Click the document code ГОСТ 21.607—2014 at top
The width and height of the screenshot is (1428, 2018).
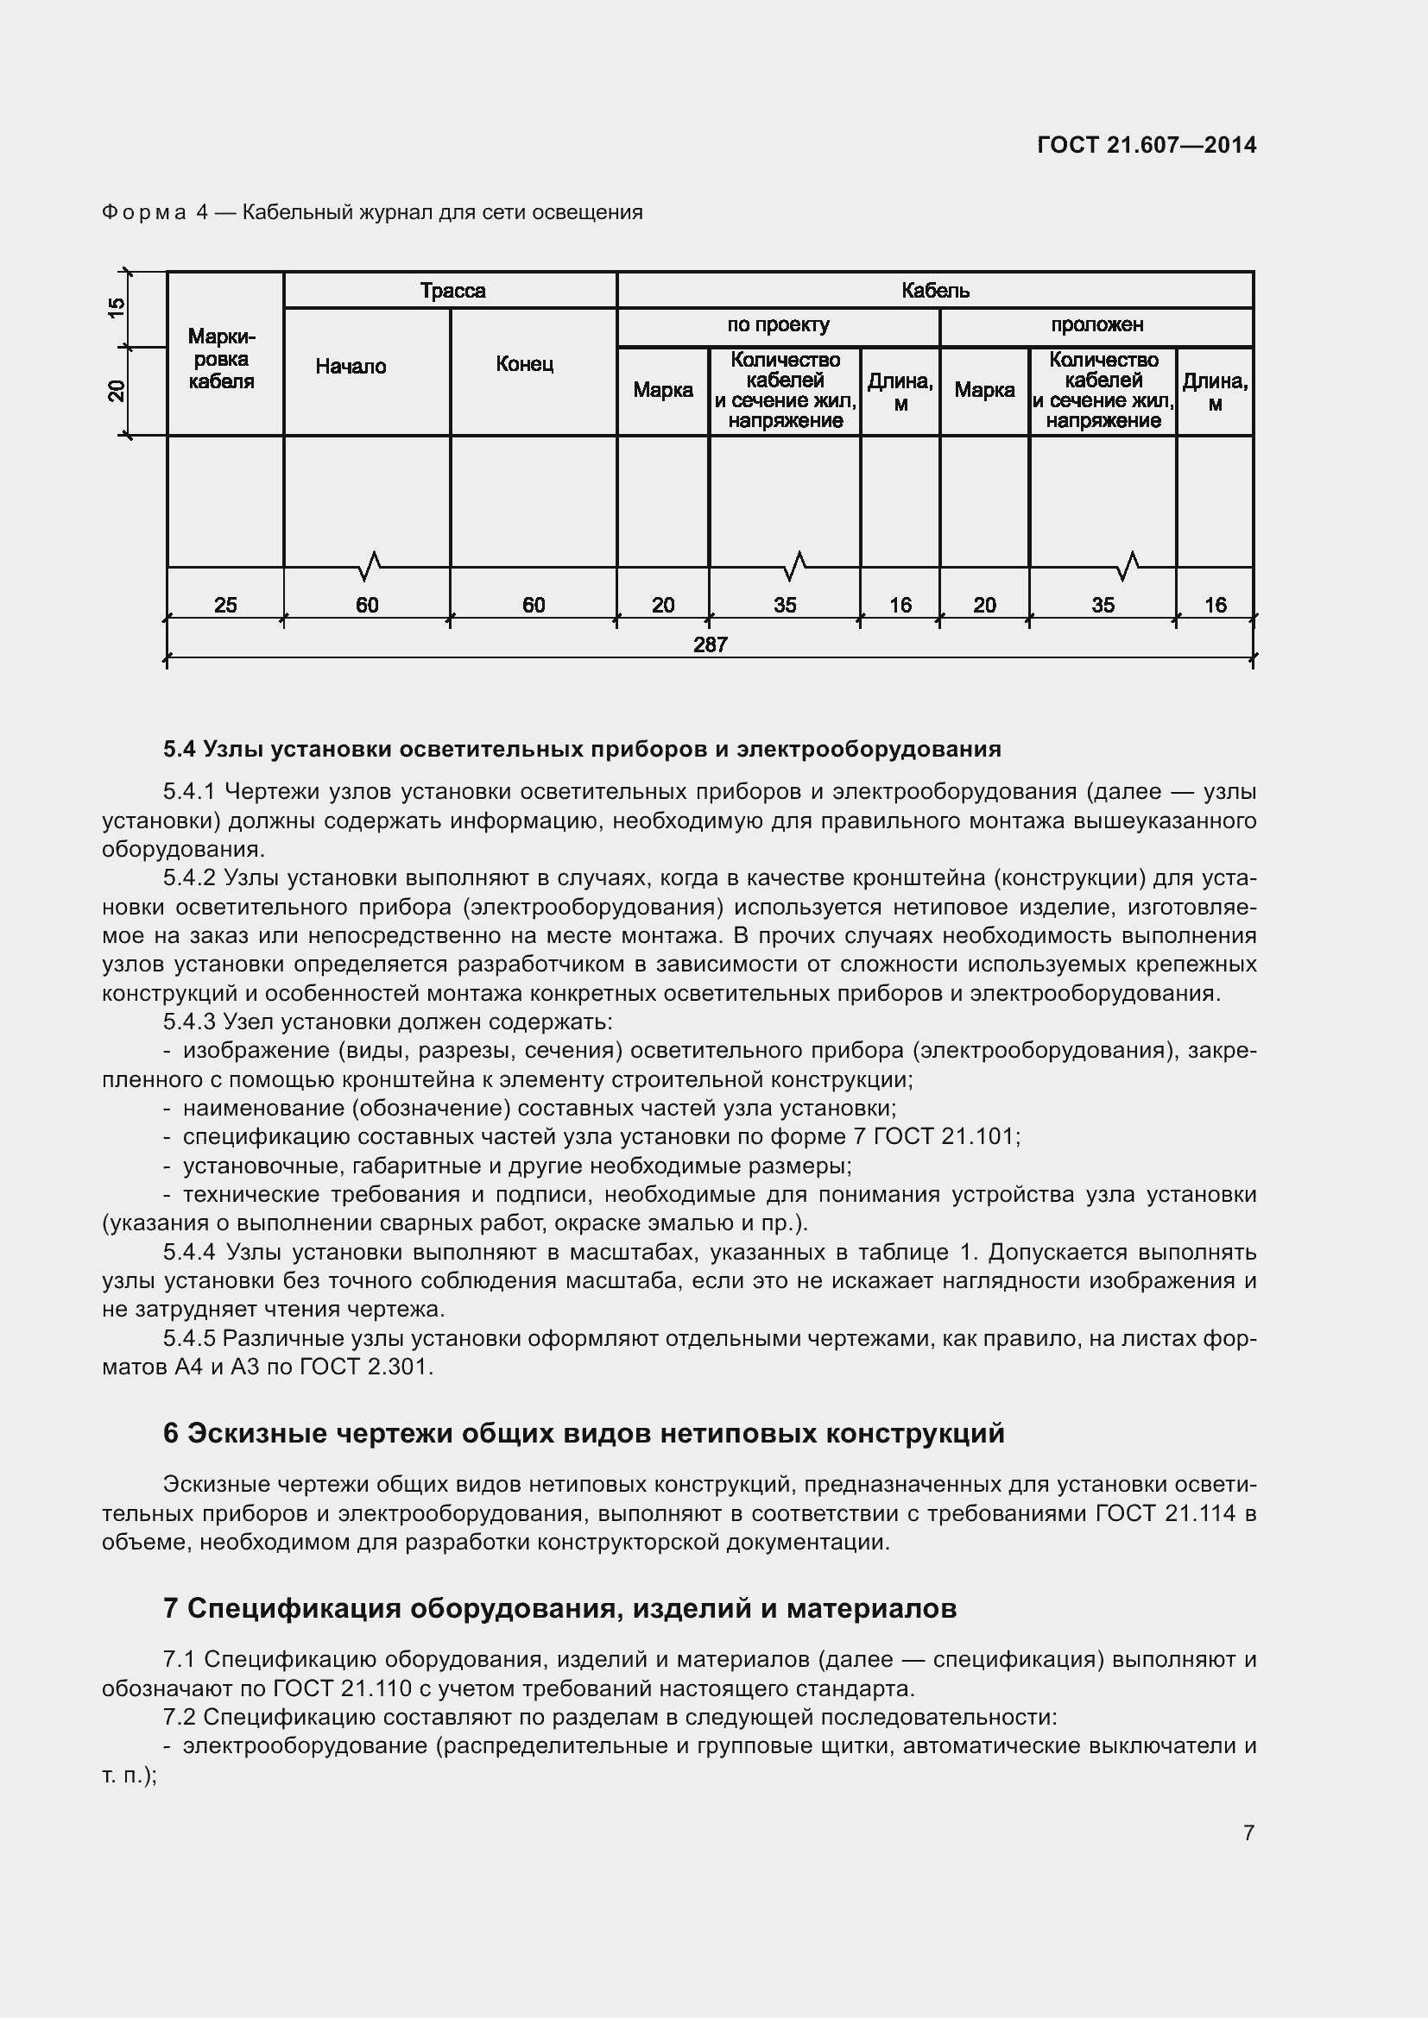(1146, 145)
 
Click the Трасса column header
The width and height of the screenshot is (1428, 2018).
(452, 291)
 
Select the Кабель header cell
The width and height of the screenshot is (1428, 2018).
(935, 291)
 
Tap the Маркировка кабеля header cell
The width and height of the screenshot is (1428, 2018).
(222, 360)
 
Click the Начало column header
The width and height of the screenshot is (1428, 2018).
(351, 367)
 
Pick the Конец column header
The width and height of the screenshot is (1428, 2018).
(524, 364)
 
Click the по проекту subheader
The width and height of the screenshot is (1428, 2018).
(778, 325)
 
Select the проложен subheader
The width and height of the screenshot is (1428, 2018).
(1096, 325)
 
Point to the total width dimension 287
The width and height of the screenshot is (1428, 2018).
(710, 644)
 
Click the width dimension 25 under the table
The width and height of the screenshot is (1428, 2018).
(225, 605)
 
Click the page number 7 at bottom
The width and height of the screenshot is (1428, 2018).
(1248, 1833)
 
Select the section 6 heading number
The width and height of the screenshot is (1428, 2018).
(171, 1434)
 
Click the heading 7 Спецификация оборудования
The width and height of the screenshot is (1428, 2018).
(559, 1608)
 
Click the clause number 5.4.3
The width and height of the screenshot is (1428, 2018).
(189, 1022)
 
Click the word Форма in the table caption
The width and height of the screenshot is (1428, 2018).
(144, 213)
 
